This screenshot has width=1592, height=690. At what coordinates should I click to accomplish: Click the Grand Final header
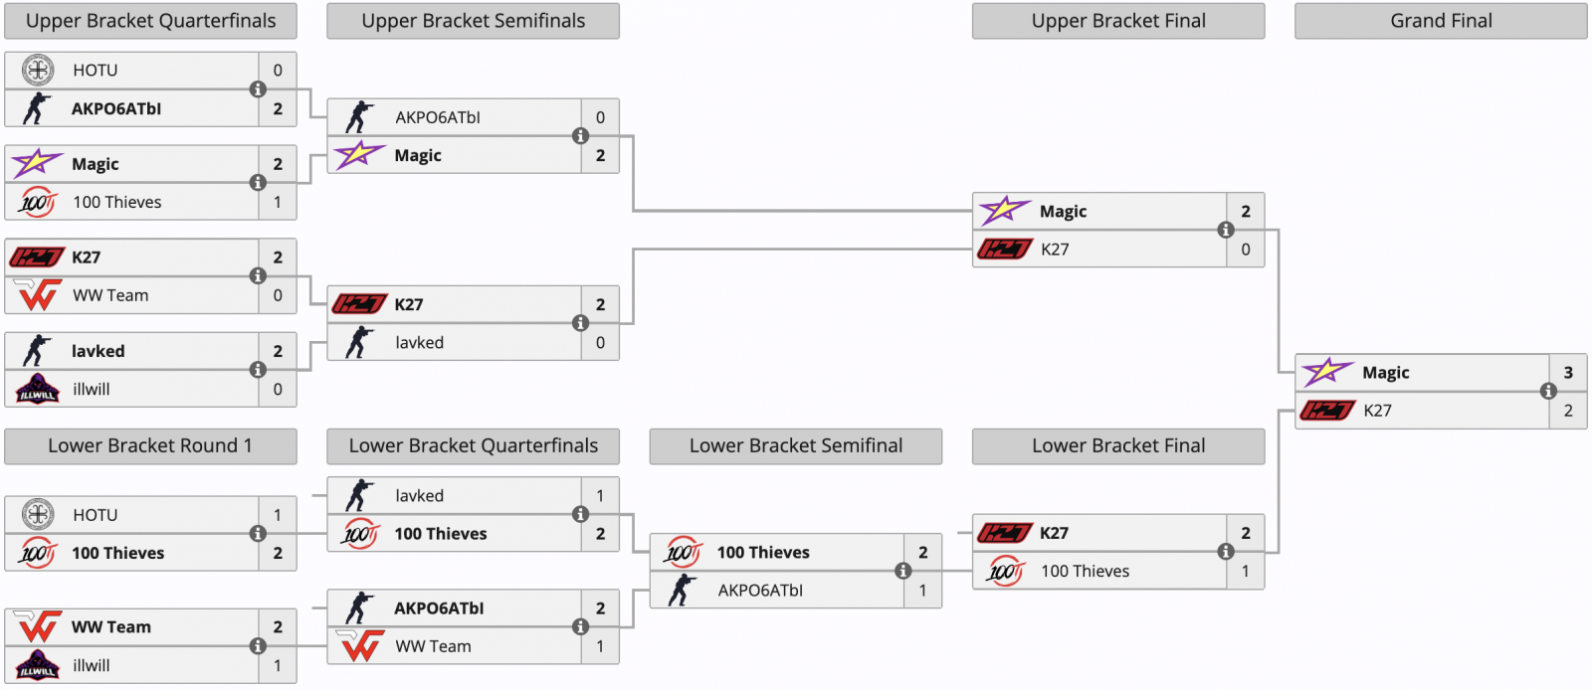1441,21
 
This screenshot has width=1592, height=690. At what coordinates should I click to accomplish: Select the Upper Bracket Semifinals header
473,21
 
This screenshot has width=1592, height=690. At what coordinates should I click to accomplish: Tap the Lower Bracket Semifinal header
795,446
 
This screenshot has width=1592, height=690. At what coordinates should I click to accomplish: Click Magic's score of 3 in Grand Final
1568,373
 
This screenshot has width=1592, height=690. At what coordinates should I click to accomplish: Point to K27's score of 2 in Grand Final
1568,411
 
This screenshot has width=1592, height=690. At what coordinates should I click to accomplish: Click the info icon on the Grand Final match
1548,392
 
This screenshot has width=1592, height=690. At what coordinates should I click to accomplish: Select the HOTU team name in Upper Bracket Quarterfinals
96,71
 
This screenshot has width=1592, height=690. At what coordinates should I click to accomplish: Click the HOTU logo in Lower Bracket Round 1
38,515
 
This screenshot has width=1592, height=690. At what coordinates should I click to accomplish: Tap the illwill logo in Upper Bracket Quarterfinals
38,389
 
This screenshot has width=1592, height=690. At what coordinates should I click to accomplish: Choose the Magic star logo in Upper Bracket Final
1004,211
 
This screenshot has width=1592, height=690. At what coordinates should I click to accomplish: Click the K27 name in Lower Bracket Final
1054,533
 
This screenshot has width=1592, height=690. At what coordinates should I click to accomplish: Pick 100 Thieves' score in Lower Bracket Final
1245,572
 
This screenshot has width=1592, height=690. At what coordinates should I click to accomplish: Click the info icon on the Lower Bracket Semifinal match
903,571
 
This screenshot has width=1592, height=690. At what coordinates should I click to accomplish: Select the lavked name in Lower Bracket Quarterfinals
419,496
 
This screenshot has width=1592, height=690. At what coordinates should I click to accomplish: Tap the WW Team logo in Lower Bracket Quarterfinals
360,646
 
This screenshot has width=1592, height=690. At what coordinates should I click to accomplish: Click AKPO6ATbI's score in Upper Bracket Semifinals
600,117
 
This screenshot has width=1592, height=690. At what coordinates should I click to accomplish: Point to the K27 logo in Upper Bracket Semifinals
359,304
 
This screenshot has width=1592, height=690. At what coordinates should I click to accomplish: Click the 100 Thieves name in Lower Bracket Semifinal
763,553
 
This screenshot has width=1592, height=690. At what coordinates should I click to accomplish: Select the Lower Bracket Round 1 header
150,446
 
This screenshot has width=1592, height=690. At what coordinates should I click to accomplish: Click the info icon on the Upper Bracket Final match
1226,231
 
